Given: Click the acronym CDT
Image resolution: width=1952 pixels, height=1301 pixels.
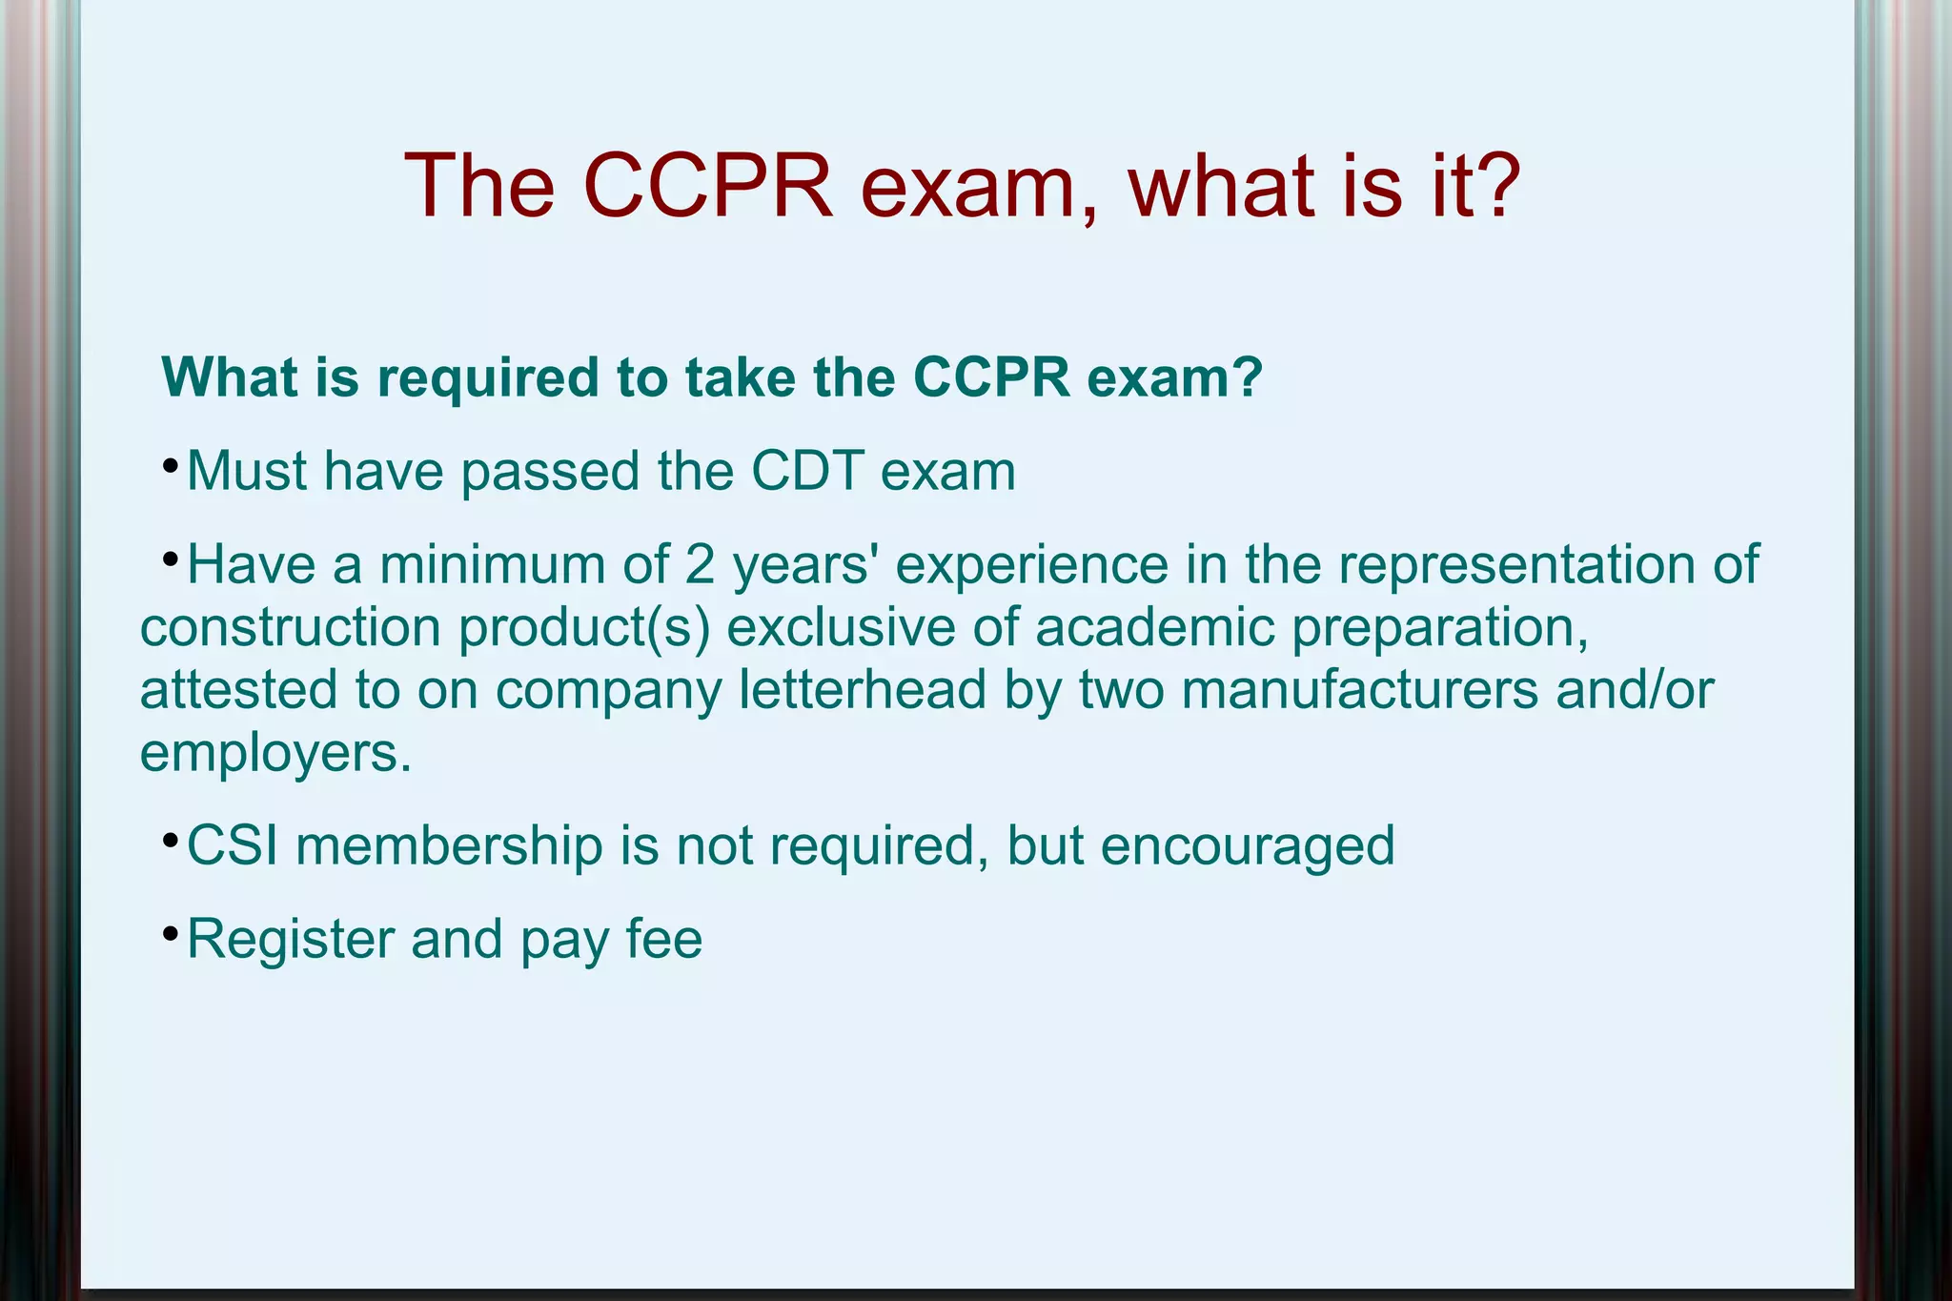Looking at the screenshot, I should tap(808, 471).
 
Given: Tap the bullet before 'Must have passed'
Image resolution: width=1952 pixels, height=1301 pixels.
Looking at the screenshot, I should tap(170, 467).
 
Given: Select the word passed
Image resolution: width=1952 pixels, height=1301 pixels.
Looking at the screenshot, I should tap(550, 471).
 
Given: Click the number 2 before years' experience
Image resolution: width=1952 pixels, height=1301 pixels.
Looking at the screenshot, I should tap(700, 564).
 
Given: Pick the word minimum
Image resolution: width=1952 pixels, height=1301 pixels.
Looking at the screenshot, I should tap(492, 564).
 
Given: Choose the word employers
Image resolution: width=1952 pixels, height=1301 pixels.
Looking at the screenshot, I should tap(275, 753).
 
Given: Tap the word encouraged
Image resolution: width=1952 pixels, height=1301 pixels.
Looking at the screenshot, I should tap(1248, 846).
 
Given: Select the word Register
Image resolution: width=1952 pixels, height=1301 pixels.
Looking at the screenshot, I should tap(290, 940).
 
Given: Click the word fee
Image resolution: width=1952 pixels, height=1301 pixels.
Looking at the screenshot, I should tap(664, 939).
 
